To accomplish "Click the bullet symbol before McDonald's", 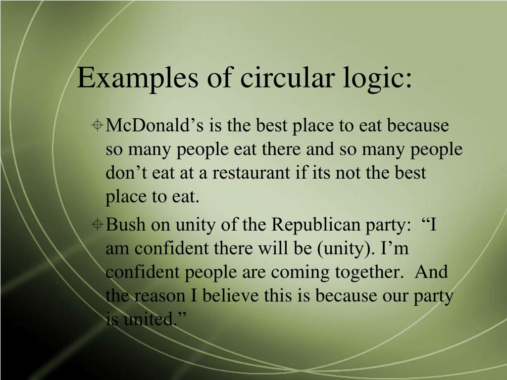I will point(98,126).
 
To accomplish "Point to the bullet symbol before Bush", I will point(98,225).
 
